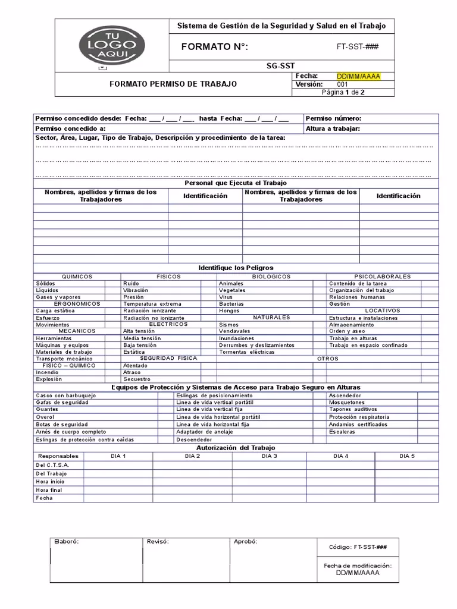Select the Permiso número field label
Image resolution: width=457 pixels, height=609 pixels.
click(333, 118)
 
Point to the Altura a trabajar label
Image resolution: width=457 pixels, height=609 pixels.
click(333, 128)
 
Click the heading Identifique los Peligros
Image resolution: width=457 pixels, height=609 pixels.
click(236, 268)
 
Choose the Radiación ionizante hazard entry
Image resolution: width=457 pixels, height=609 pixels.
click(149, 310)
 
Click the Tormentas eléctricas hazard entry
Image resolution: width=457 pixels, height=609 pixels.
click(247, 352)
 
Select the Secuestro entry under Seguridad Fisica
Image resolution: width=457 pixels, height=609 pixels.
click(137, 379)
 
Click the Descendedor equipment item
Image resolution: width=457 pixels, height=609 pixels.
click(195, 440)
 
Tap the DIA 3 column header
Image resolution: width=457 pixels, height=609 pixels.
click(269, 456)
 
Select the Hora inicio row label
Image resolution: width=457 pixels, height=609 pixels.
click(50, 482)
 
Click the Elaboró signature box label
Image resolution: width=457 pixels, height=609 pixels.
click(66, 542)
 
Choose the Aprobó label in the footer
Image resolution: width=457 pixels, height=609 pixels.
click(245, 542)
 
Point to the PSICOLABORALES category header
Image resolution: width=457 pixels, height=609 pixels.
click(382, 277)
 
